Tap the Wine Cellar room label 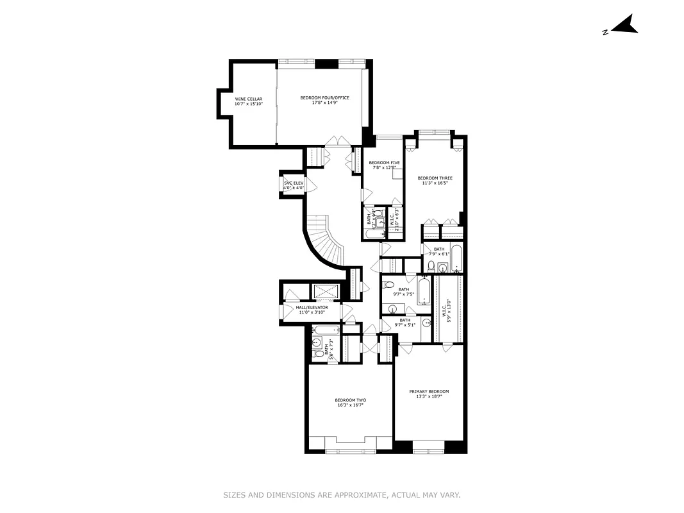(248, 99)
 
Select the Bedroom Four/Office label (324, 97)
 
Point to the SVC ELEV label (293, 183)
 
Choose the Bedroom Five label (384, 163)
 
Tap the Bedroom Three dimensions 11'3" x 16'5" (435, 183)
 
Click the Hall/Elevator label (312, 308)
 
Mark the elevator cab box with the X (326, 292)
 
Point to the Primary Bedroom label (429, 391)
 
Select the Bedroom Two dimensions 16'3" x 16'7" (350, 405)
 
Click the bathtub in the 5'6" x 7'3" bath (326, 331)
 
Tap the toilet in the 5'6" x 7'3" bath (317, 353)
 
